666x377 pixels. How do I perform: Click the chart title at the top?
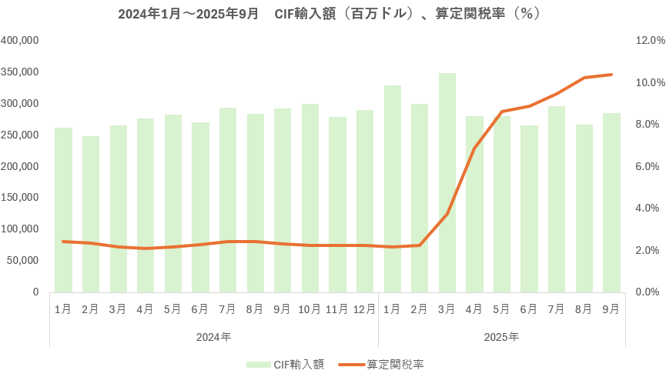click(333, 15)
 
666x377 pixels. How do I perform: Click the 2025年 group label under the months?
click(502, 337)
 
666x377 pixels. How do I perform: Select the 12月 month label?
click(365, 309)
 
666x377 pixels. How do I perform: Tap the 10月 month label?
click(310, 309)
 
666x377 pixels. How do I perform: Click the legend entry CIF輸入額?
click(285, 364)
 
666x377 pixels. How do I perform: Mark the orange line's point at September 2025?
click(612, 75)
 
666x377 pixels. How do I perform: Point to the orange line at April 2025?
click(475, 148)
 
